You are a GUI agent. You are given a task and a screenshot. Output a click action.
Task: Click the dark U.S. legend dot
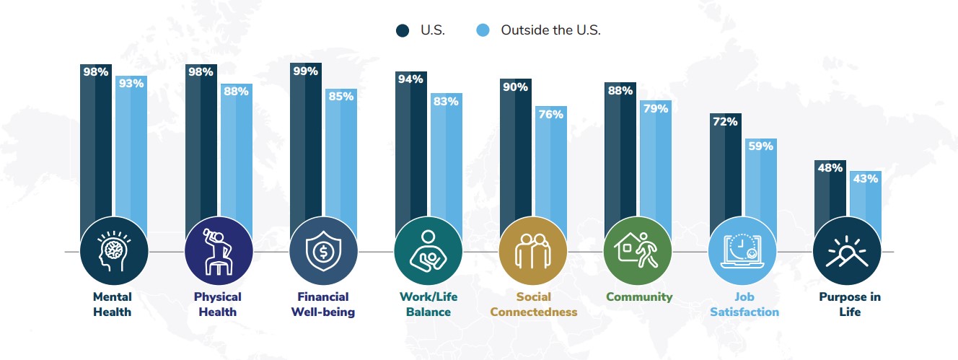click(x=403, y=31)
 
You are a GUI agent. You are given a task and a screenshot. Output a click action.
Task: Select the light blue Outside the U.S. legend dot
click(x=483, y=30)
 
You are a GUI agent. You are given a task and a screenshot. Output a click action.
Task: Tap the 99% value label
click(x=305, y=71)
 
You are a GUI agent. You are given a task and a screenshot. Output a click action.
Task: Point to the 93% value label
click(x=131, y=84)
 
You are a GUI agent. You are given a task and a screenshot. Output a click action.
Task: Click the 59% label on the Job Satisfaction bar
click(x=761, y=146)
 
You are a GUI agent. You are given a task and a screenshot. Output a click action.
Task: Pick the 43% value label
click(x=866, y=179)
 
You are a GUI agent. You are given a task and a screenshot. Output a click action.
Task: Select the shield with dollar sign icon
click(x=323, y=251)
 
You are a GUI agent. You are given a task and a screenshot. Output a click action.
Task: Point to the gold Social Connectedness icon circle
click(x=533, y=251)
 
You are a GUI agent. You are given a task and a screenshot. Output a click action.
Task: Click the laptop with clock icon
click(x=742, y=251)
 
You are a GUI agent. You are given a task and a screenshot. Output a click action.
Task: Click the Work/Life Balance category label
click(x=429, y=304)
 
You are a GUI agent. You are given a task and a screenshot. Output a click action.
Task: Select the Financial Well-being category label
click(x=323, y=304)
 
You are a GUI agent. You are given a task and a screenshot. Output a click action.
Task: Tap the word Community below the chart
click(x=639, y=297)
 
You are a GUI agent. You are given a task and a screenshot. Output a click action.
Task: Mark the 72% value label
click(x=725, y=122)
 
